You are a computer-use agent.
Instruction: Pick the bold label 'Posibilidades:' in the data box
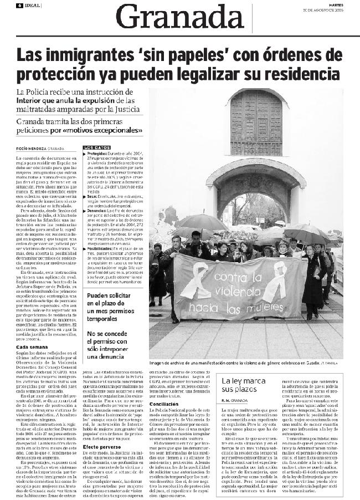pos(99,249)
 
